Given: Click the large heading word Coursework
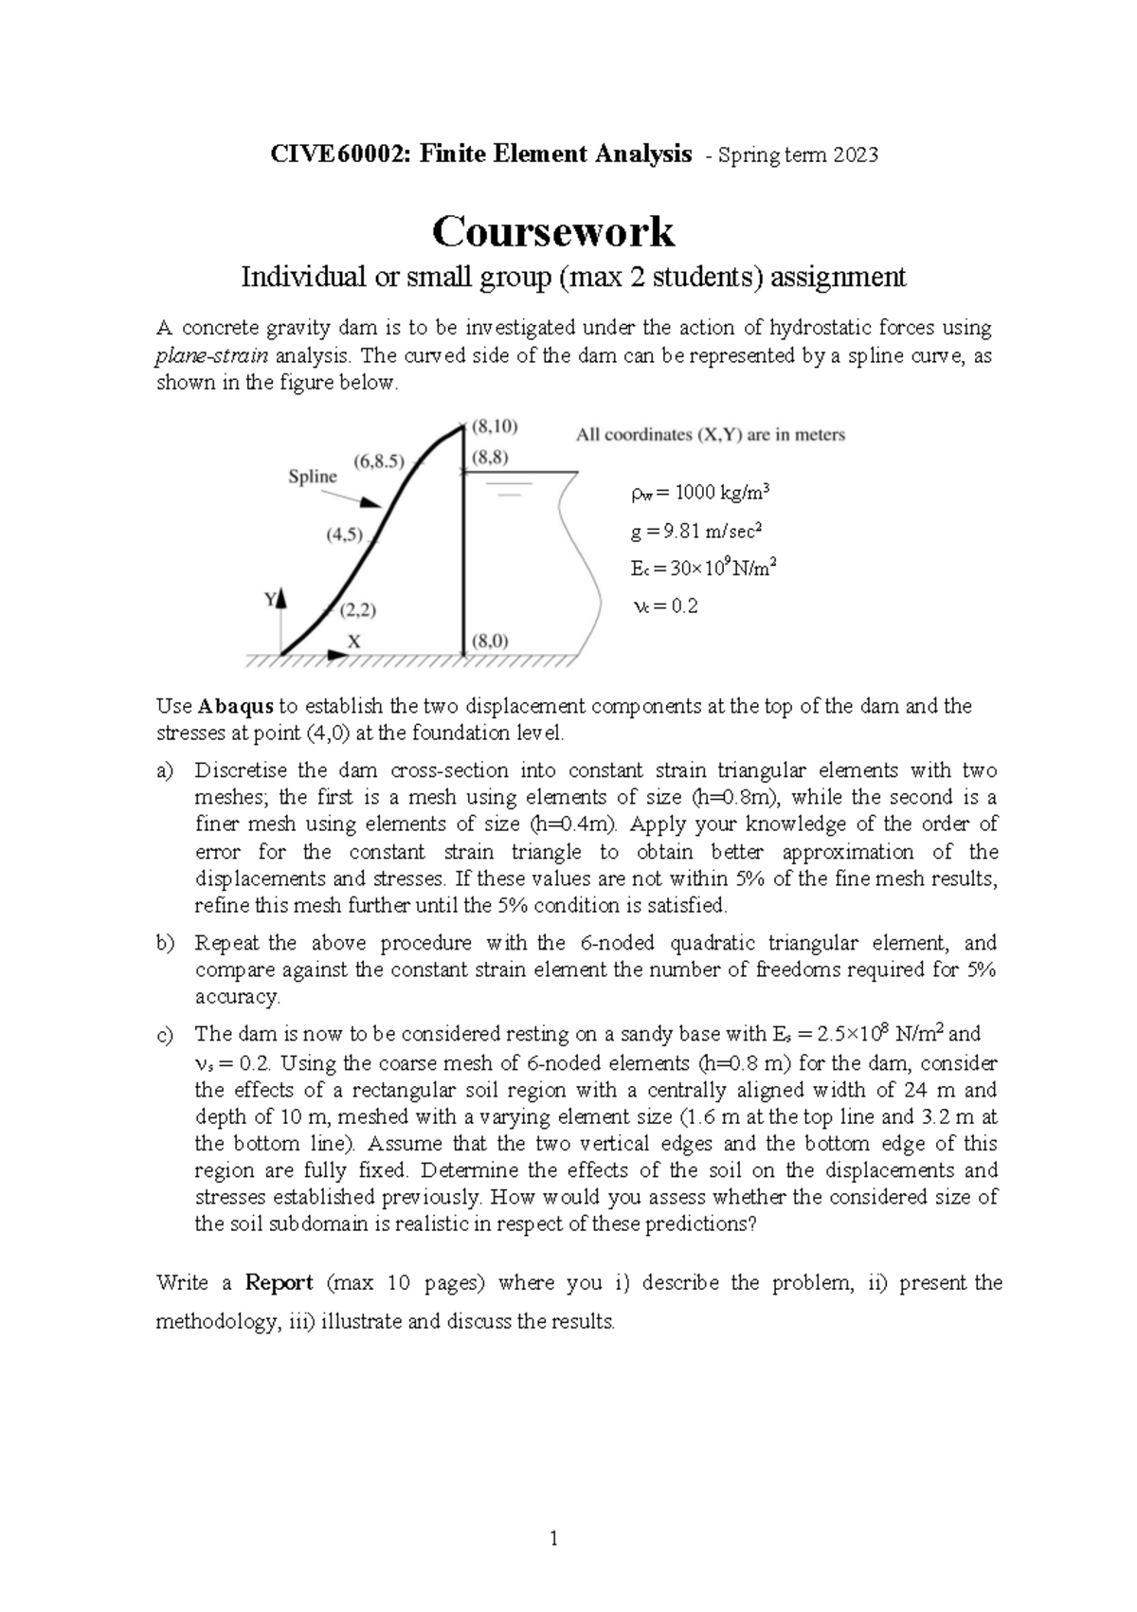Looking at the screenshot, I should coord(552,231).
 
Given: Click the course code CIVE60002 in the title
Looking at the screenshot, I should coord(338,154).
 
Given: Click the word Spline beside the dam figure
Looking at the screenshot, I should coord(312,477).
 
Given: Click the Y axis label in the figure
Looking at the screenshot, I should coord(270,599).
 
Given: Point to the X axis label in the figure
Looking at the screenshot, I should coord(353,642).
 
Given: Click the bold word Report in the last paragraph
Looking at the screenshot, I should coord(279,1283).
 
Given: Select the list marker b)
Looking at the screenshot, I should coord(165,943).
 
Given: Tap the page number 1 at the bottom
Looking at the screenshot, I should coord(553,1539).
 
